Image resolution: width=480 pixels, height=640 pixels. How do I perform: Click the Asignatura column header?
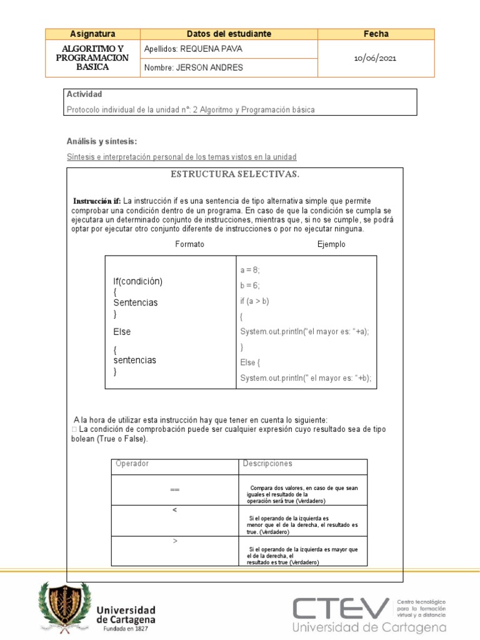pos(92,34)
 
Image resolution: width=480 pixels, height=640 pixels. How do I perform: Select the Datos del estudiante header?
pos(229,34)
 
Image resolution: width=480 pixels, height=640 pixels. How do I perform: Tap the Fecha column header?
pos(376,34)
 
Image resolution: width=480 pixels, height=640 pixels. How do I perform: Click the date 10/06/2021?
pos(375,58)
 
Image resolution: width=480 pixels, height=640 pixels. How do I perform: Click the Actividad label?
pos(84,94)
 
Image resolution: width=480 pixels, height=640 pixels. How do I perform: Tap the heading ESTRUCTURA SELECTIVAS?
pos(235,174)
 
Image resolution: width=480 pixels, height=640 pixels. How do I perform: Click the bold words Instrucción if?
pos(97,201)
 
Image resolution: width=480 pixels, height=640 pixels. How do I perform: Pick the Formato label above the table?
pos(189,244)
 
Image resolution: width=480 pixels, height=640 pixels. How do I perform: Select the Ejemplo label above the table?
pos(331,244)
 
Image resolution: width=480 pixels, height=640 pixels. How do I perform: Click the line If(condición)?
pos(137,281)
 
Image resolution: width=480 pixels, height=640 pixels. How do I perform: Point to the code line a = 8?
pos(249,270)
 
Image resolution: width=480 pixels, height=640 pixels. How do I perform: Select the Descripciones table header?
pos(267,464)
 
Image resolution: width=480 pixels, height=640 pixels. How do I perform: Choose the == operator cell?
pos(174,489)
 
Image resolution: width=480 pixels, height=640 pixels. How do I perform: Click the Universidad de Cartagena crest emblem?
pos(64,605)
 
